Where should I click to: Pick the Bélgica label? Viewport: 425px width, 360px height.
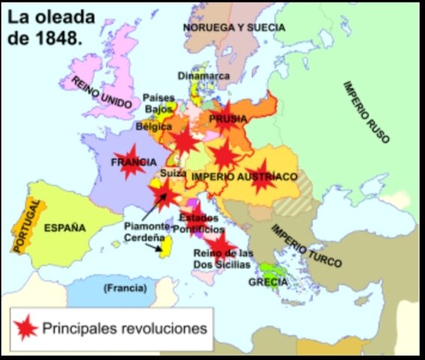pos(154,127)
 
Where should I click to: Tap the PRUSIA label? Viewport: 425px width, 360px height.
pos(227,119)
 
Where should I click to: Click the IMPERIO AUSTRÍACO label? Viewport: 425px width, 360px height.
pos(244,176)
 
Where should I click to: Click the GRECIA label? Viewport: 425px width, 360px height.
pos(267,282)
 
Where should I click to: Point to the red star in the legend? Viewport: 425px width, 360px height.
pos(27,328)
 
